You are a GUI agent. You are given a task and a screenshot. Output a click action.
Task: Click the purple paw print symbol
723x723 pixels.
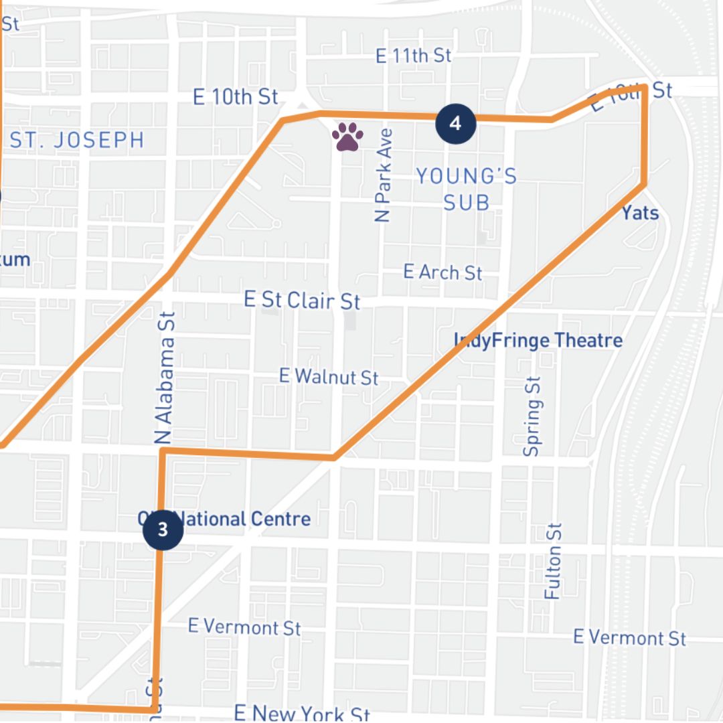point(347,137)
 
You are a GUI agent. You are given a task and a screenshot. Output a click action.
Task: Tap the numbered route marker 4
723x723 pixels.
point(455,123)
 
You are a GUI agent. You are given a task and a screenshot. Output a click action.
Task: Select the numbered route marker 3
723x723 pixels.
point(163,530)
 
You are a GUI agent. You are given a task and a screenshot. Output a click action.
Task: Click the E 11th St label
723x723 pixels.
point(413,56)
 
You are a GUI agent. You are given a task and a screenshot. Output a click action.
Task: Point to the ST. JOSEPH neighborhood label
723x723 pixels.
point(77,140)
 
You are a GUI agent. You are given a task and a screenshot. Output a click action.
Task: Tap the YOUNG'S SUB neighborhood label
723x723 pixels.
point(466,189)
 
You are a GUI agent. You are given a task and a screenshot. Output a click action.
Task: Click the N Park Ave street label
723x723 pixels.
point(382,175)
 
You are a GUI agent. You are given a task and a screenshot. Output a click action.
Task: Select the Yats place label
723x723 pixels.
point(640,213)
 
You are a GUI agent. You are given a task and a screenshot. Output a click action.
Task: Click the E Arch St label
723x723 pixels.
point(443,272)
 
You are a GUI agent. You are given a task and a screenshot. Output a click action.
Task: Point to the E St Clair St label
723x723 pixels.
point(302,300)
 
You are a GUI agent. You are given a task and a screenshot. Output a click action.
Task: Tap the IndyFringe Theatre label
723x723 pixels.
point(539,340)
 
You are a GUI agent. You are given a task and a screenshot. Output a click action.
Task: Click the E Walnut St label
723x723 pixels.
point(329,376)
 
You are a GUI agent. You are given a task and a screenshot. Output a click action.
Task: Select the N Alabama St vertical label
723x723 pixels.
point(165,378)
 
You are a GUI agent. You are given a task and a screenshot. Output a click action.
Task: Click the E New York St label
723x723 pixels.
point(302,714)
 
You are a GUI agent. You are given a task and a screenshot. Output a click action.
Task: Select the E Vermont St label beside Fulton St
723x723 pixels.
point(629,637)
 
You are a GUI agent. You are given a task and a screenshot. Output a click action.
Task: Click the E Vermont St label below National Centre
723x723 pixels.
point(244,627)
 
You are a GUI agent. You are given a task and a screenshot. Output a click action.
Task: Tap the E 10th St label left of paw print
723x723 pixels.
point(235,96)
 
